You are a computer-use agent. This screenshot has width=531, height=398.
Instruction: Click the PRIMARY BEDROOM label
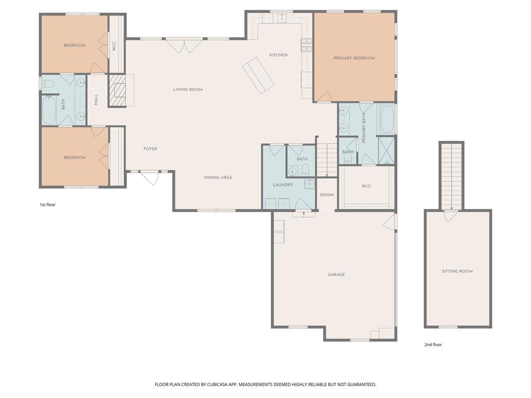click(x=354, y=58)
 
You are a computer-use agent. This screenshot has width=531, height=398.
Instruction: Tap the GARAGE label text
click(x=336, y=275)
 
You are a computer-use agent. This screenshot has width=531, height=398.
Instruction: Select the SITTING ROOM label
click(x=457, y=271)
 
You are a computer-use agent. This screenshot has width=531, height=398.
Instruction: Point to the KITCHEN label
click(x=278, y=55)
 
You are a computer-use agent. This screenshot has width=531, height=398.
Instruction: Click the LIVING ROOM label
click(x=188, y=90)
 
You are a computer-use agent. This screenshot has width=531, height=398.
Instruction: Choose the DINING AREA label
click(x=218, y=177)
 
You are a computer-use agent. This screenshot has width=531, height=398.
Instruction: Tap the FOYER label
click(x=150, y=149)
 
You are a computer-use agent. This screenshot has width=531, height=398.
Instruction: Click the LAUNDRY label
click(x=283, y=184)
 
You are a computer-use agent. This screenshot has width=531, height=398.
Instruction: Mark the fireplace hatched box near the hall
click(x=117, y=91)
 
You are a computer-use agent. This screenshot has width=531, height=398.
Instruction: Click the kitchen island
click(x=258, y=75)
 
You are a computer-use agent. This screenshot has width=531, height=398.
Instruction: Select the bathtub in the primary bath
click(x=386, y=120)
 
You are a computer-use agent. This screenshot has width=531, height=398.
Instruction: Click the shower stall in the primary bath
click(x=386, y=150)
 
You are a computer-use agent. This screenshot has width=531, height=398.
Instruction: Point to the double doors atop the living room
click(x=184, y=45)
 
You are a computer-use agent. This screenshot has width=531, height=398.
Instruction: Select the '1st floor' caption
click(x=47, y=205)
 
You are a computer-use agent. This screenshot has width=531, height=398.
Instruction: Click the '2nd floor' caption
click(x=433, y=345)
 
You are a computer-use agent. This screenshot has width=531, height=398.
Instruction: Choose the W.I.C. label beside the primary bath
click(x=367, y=187)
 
